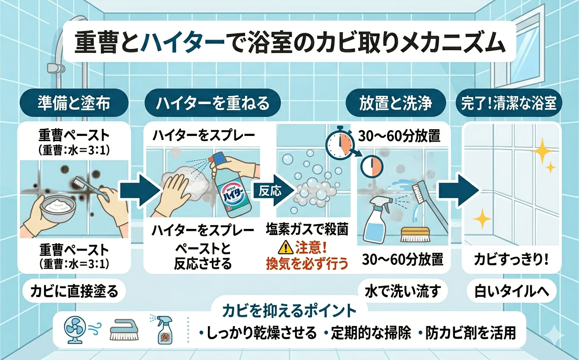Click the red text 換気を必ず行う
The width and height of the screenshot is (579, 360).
click(x=307, y=263)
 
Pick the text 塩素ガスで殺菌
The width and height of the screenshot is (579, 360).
click(x=307, y=229)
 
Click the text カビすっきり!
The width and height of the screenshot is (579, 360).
click(x=511, y=260)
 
